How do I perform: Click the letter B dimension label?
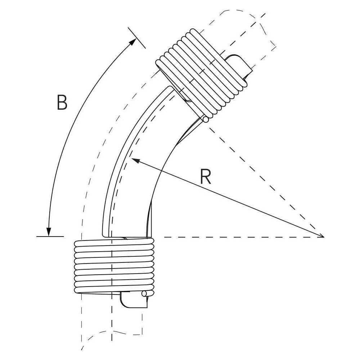pyautogui.click(x=62, y=102)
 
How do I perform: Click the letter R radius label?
pyautogui.click(x=206, y=176)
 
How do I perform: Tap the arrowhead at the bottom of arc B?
pyautogui.click(x=49, y=232)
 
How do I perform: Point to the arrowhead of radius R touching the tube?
pyautogui.click(x=135, y=160)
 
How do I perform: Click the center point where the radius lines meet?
pyautogui.click(x=324, y=237)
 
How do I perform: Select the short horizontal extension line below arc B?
pyautogui.click(x=50, y=237)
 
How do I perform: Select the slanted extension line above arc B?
pyautogui.click(x=136, y=38)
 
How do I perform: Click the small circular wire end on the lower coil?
pyautogui.click(x=144, y=293)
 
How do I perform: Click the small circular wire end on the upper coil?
pyautogui.click(x=206, y=120)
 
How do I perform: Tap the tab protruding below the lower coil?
pyautogui.click(x=134, y=300)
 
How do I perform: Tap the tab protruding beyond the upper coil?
pyautogui.click(x=240, y=66)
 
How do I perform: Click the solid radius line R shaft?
pyautogui.click(x=227, y=198)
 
